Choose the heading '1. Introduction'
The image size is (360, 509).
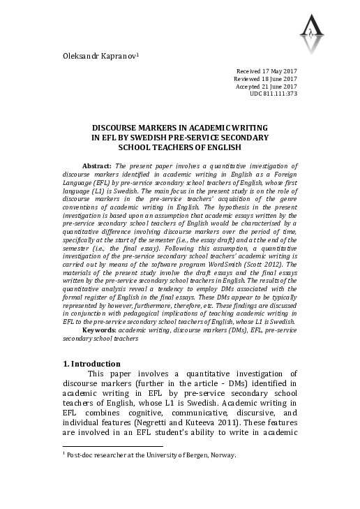[x=91, y=364]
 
